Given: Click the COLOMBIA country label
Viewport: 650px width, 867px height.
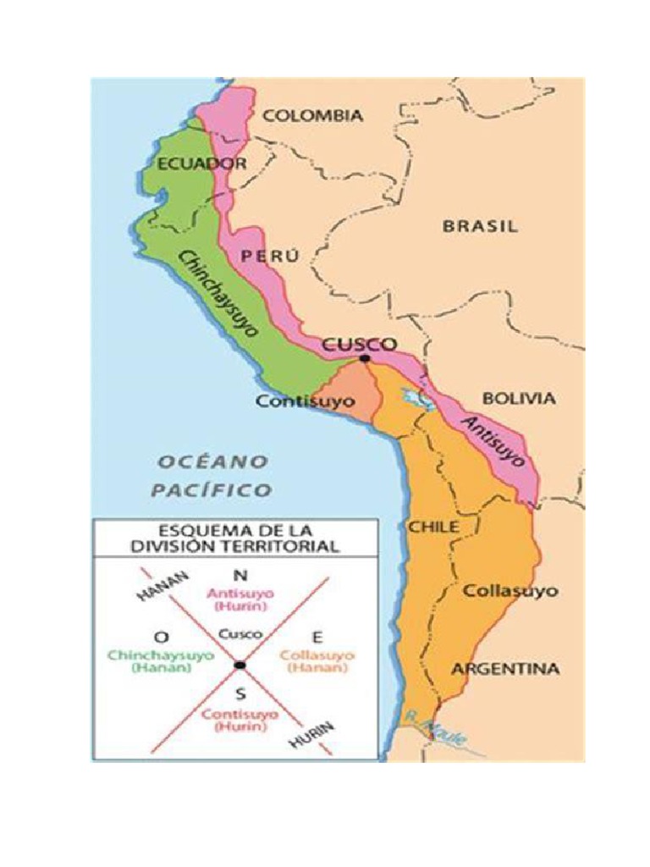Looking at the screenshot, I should click(311, 116).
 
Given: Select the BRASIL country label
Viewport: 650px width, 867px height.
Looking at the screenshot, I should click(480, 226).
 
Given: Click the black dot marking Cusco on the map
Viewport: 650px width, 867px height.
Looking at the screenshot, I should click(364, 359).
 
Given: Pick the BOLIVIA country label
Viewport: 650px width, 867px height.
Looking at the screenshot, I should click(519, 399).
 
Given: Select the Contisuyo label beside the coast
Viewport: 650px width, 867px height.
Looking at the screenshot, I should click(306, 401).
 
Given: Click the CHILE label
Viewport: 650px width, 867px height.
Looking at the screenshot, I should click(434, 527).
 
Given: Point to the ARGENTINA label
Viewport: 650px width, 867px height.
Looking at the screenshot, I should click(504, 669).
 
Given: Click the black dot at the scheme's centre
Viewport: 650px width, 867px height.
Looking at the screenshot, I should click(240, 664).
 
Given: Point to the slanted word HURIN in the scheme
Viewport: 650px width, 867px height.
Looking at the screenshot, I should click(312, 737).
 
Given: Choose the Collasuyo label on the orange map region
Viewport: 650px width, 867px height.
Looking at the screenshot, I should click(510, 590).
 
